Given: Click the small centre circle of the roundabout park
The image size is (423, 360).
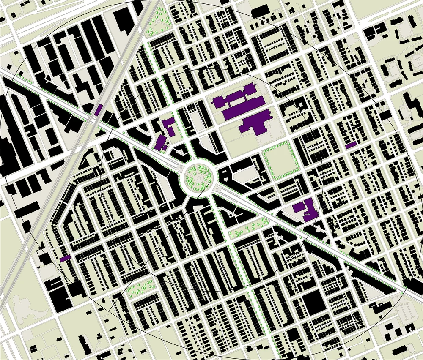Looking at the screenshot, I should pos(198,178).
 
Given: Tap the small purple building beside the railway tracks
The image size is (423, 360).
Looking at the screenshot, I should pos(99,110).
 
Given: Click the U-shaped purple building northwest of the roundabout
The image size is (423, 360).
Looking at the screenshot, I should pos(169,126).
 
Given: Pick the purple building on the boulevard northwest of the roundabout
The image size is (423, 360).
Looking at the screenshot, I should pos(160,143).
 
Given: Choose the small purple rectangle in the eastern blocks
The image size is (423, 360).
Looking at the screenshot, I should pos(351,145).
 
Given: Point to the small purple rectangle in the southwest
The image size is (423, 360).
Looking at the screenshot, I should pos(65,258).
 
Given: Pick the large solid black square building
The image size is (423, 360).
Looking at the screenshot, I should pos(313,303).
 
